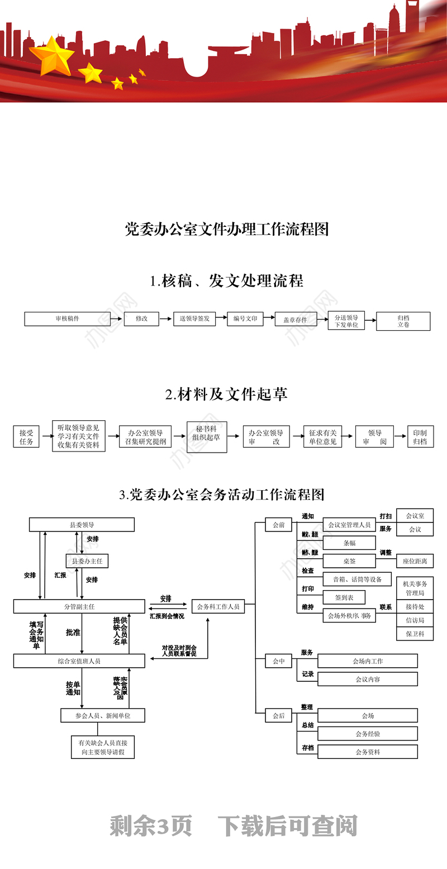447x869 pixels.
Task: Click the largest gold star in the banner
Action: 52,55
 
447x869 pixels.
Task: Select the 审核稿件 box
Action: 67,319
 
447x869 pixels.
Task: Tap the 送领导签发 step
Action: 194,319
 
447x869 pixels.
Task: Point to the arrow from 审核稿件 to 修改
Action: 116,319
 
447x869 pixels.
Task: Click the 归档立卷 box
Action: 403,321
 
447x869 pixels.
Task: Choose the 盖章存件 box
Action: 295,320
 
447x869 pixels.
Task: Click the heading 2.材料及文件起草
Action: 226,394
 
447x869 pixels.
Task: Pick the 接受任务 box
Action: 26,436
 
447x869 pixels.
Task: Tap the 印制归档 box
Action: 420,436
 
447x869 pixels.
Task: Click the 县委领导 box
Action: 82,525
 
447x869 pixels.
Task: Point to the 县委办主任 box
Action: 87,561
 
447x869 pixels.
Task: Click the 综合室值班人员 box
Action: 79,661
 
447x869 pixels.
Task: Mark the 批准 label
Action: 73,633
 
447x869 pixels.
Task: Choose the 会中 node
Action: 279,661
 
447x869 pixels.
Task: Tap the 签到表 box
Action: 344,597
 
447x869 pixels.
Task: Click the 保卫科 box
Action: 415,634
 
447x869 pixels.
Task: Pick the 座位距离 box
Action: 415,561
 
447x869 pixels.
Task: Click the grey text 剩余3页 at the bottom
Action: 151,826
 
